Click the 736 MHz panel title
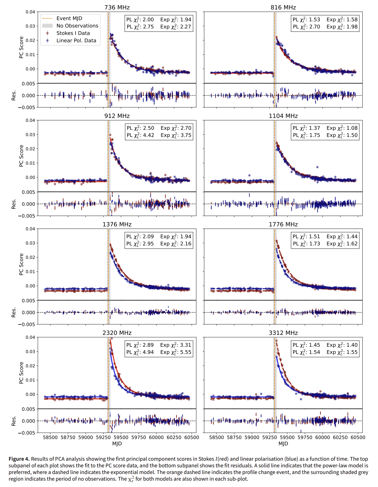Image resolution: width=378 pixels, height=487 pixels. pyautogui.click(x=117, y=8)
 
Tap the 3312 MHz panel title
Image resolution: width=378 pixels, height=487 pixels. pyautogui.click(x=283, y=333)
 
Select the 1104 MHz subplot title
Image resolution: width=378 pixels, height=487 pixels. pyautogui.click(x=283, y=116)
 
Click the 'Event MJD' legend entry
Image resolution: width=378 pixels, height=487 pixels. pyautogui.click(x=69, y=19)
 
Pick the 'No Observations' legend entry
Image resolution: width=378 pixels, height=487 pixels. pyautogui.click(x=77, y=26)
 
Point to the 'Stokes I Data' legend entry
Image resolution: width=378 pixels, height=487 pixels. pyautogui.click(x=73, y=33)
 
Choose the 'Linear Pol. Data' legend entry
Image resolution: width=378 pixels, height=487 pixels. pyautogui.click(x=76, y=40)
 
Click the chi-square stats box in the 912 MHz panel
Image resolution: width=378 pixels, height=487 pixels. pyautogui.click(x=159, y=132)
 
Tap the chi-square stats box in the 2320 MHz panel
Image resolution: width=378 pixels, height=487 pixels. pyautogui.click(x=159, y=348)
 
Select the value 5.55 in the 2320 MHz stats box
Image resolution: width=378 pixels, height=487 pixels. pyautogui.click(x=186, y=352)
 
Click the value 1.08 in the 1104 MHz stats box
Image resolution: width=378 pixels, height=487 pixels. pyautogui.click(x=352, y=128)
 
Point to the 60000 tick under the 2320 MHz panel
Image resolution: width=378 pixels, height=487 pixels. pyautogui.click(x=156, y=438)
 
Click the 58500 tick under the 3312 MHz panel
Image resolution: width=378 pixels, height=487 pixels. pyautogui.click(x=216, y=438)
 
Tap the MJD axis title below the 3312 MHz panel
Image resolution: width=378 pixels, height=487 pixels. pyautogui.click(x=283, y=444)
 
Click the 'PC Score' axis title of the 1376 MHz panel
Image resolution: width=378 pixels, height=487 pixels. pyautogui.click(x=21, y=264)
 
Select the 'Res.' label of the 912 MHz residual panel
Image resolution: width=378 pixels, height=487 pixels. pyautogui.click(x=14, y=204)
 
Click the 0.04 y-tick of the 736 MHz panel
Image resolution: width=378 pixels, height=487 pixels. pyautogui.click(x=30, y=12)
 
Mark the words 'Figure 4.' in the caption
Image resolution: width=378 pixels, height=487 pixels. pyautogui.click(x=19, y=459)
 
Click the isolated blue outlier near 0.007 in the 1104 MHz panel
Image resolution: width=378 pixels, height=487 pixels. pyautogui.click(x=317, y=167)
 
